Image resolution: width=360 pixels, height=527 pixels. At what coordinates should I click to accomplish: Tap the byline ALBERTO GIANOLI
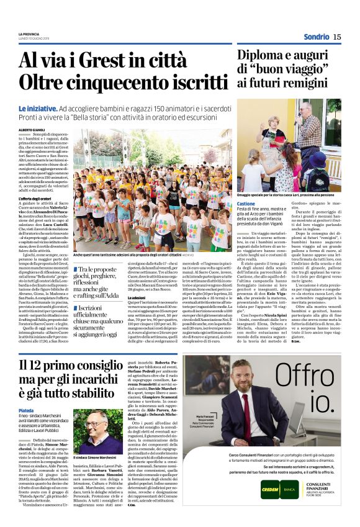pos(31,129)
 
